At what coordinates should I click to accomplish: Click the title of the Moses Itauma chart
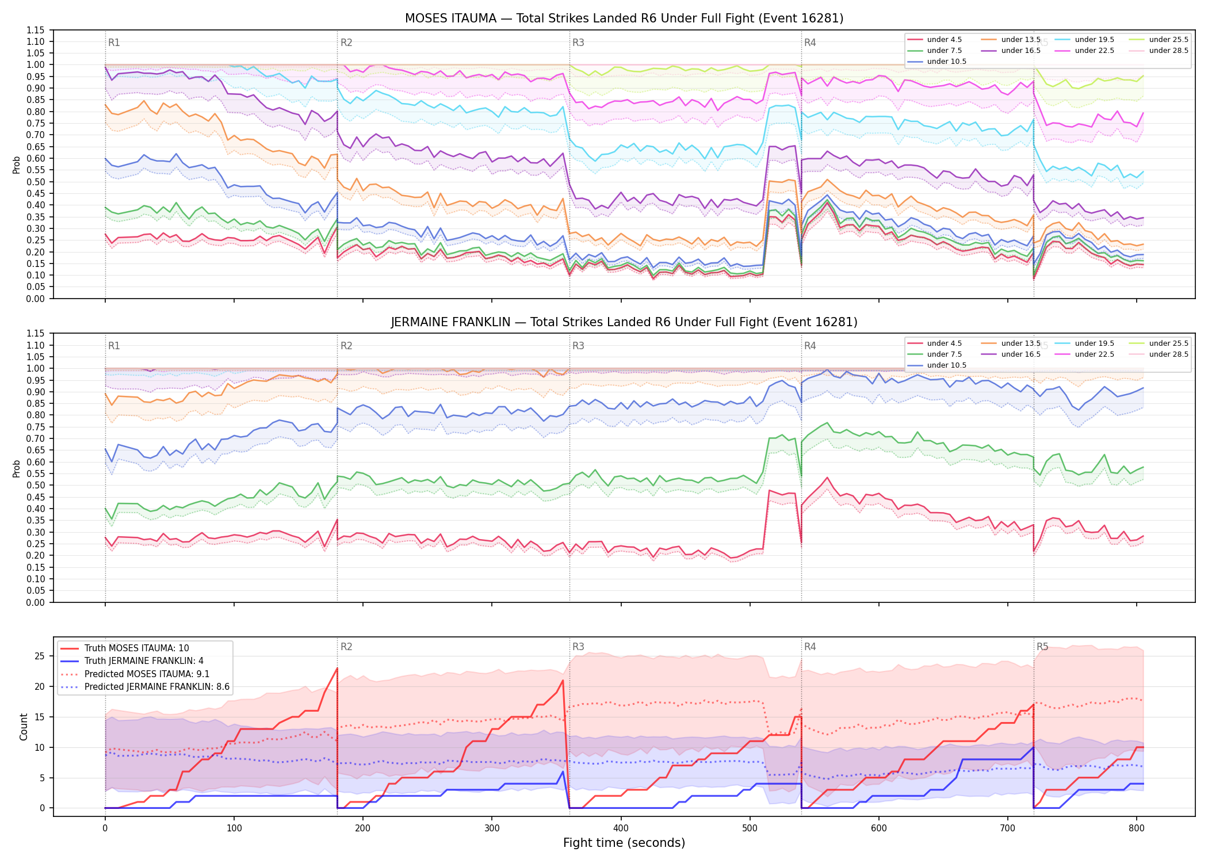[x=624, y=18]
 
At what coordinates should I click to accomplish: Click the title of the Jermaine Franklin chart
[x=624, y=322]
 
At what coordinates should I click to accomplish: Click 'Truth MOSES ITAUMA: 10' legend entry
[x=136, y=648]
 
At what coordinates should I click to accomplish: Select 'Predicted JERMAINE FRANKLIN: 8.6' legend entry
[x=156, y=687]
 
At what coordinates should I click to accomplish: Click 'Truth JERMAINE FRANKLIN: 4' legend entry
[x=144, y=661]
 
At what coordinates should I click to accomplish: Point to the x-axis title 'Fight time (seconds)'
[x=624, y=843]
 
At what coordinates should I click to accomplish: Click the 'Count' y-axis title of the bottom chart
[x=24, y=727]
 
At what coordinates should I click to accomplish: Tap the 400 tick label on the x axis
[x=621, y=828]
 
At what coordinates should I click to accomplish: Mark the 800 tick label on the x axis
[x=1136, y=828]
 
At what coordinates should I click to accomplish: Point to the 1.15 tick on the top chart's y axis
[x=36, y=30]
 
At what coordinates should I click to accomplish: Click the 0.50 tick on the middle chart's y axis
[x=36, y=486]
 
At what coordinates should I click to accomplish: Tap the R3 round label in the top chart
[x=578, y=43]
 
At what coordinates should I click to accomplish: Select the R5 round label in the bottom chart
[x=1042, y=647]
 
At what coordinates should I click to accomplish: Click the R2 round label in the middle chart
[x=346, y=346]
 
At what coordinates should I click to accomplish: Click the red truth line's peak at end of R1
[x=337, y=668]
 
